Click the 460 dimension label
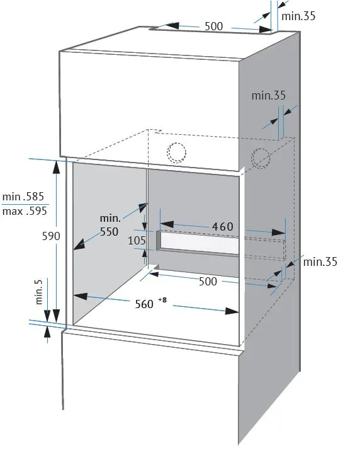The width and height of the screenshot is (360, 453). tap(223, 227)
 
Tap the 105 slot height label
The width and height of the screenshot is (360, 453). tap(137, 241)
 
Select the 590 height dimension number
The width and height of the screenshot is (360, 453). tap(51, 236)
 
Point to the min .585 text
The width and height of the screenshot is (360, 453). tap(23, 197)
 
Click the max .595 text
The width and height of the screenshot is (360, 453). tap(25, 211)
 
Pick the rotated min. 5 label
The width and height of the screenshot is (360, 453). tap(38, 292)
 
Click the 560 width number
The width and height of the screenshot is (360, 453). tap(144, 304)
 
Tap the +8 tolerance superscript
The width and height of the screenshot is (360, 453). tap(162, 300)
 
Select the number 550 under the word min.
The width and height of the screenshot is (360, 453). tap(110, 232)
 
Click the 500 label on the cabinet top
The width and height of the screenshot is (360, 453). tap(213, 26)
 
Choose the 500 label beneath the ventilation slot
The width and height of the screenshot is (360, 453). tap(208, 281)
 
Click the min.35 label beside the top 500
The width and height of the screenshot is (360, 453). tap(298, 16)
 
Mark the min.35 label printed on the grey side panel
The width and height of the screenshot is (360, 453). tap(269, 95)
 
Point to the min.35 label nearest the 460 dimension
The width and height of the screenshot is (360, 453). tap(320, 261)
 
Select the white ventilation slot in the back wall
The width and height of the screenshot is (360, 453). tap(200, 243)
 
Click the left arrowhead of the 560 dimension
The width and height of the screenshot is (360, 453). tap(80, 296)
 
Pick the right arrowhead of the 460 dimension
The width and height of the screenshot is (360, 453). tap(279, 232)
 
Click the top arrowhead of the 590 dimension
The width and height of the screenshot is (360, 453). tap(56, 167)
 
